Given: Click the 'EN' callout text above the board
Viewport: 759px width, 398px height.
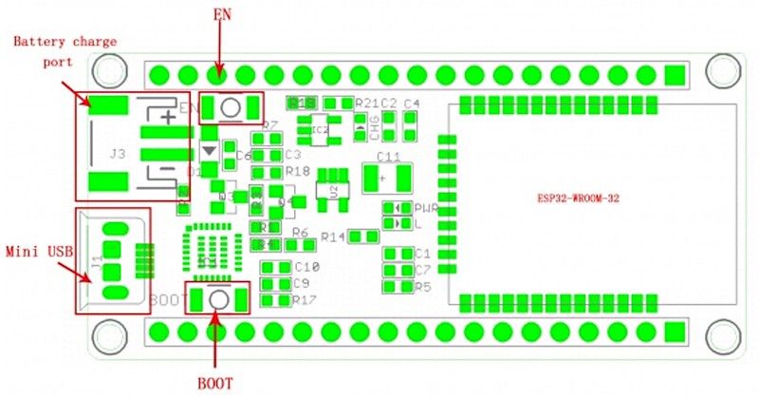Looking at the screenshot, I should coord(219,15).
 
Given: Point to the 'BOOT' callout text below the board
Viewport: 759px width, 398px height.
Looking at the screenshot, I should coord(214,384).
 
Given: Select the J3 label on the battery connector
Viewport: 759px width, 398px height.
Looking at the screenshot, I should coord(118,153).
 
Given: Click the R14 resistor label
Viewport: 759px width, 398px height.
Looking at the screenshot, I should coord(334,237).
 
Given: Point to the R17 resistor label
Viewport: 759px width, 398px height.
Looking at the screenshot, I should coord(305,300).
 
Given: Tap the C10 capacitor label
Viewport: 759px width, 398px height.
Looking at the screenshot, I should coord(306,267).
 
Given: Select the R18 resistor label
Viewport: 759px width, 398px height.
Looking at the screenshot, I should coord(298,171).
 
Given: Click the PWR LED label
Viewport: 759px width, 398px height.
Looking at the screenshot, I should coord(425,208).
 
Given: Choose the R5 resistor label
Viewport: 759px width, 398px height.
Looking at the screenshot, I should coord(423,286).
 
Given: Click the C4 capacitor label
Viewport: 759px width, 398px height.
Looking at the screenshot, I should coord(411,103).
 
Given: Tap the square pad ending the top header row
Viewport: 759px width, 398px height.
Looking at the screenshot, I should coord(675,74).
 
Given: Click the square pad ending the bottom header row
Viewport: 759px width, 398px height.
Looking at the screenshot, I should coord(675,332).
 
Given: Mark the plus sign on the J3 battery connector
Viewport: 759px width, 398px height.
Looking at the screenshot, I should coord(168,117).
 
